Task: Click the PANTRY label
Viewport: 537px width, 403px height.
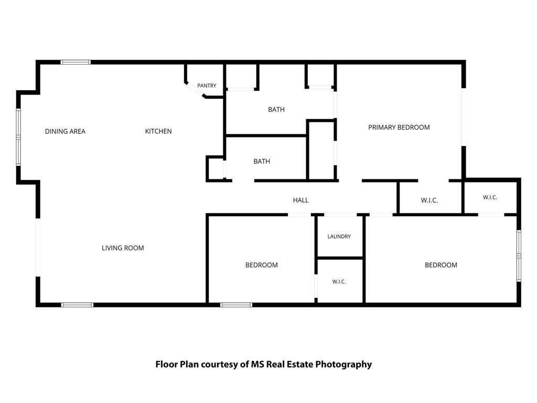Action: point(207,86)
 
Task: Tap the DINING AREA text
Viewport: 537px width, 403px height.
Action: point(65,131)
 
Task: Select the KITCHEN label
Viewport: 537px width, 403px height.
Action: point(158,131)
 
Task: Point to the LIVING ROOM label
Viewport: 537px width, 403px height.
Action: point(123,248)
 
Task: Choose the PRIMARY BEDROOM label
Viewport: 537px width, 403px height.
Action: point(399,128)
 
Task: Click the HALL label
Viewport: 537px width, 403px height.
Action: point(300,200)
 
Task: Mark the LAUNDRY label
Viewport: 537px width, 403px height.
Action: point(339,237)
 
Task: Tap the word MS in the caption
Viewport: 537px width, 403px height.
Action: point(257,364)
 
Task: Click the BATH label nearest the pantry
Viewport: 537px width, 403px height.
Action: point(276,110)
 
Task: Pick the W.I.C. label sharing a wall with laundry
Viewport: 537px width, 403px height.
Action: point(339,282)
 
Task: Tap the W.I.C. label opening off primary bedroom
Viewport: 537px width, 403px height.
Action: point(429,200)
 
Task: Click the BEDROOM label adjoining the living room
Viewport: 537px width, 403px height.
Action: point(261,265)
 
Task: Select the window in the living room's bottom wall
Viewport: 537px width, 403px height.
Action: point(77,305)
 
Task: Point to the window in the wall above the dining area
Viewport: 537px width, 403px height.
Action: point(76,62)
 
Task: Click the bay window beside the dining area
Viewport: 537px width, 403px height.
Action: point(18,137)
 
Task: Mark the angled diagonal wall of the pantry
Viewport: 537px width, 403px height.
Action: point(195,90)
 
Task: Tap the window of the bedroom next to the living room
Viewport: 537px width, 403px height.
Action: point(237,305)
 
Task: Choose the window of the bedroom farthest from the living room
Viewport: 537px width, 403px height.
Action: point(519,256)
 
